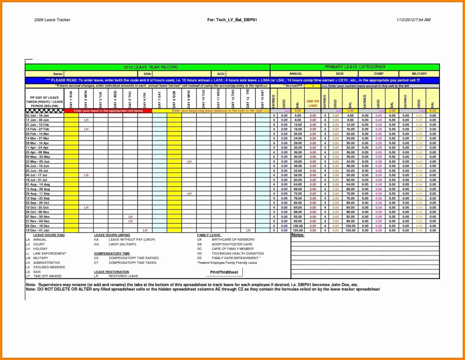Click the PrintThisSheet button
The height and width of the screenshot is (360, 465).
click(x=224, y=272)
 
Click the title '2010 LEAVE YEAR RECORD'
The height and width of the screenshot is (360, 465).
click(x=150, y=67)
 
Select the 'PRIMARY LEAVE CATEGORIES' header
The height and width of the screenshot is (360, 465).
click(x=355, y=67)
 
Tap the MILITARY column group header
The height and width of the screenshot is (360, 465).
click(x=419, y=74)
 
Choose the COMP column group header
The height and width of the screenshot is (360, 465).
click(x=378, y=74)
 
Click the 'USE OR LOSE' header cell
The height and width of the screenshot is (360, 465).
click(x=313, y=103)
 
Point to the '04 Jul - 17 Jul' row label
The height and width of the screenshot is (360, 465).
click(x=36, y=175)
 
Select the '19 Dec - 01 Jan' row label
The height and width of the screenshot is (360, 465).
click(x=37, y=230)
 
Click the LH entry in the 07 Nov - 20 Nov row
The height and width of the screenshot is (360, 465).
click(x=130, y=216)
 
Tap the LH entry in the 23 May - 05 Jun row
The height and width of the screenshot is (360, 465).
click(x=189, y=161)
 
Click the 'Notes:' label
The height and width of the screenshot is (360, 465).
click(x=298, y=235)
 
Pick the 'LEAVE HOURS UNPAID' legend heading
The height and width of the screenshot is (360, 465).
click(x=112, y=235)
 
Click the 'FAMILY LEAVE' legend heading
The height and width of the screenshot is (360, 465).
click(x=209, y=235)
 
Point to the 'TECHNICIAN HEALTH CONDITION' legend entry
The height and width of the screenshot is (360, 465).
click(x=238, y=253)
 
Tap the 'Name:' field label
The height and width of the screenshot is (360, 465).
click(x=58, y=74)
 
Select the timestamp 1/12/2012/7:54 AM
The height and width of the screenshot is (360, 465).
click(x=413, y=20)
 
